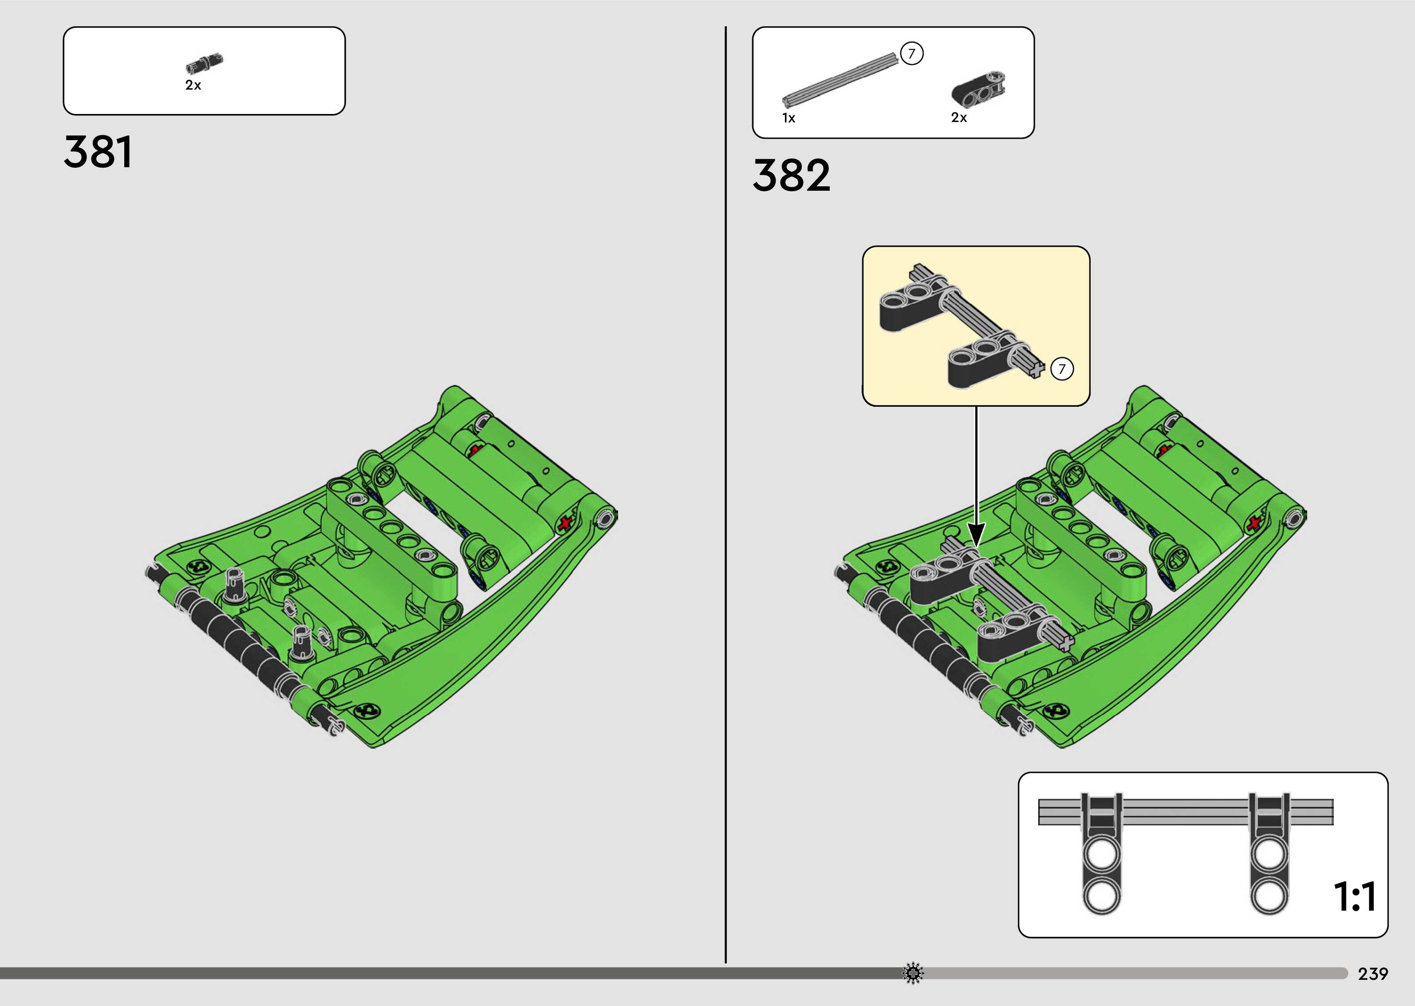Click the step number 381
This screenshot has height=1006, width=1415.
pyautogui.click(x=98, y=152)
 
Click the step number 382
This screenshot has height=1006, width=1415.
pyautogui.click(x=791, y=175)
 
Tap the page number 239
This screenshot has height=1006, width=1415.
pyautogui.click(x=1373, y=974)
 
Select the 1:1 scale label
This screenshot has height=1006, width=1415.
pyautogui.click(x=1355, y=897)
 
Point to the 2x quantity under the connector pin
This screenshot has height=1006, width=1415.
pyautogui.click(x=193, y=86)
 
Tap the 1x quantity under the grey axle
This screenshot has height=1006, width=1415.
pyautogui.click(x=788, y=118)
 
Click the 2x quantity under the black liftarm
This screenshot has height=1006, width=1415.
pyautogui.click(x=959, y=118)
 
